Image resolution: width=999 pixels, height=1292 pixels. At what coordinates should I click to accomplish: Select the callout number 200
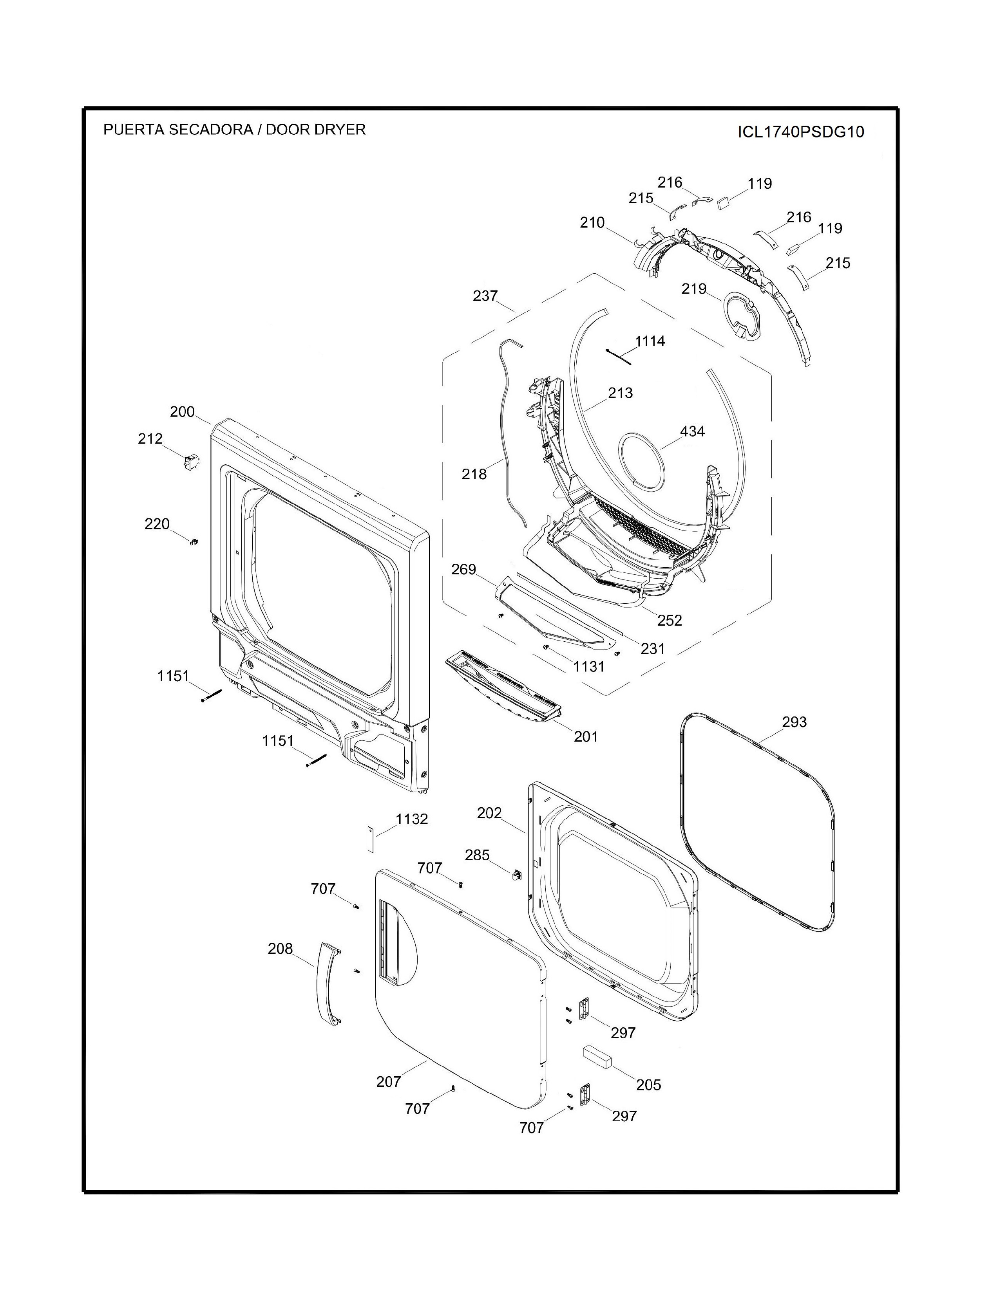182,412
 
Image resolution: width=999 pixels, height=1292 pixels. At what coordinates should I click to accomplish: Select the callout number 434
692,431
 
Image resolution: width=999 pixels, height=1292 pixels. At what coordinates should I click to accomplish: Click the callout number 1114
650,341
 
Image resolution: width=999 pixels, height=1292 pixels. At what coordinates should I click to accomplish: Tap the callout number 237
485,296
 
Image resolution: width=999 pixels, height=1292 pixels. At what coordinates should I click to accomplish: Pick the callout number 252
670,621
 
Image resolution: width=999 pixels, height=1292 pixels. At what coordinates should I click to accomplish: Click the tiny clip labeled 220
194,541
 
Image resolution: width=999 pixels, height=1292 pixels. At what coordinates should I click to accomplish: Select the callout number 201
586,736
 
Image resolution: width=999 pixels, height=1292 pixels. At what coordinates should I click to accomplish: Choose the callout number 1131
589,667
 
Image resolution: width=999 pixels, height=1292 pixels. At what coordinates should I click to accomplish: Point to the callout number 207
389,1082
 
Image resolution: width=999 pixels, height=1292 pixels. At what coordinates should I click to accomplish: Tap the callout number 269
463,569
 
